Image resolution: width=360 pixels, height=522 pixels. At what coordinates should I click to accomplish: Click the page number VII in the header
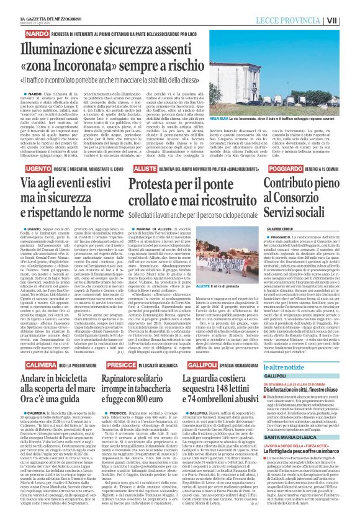click(x=349, y=20)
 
